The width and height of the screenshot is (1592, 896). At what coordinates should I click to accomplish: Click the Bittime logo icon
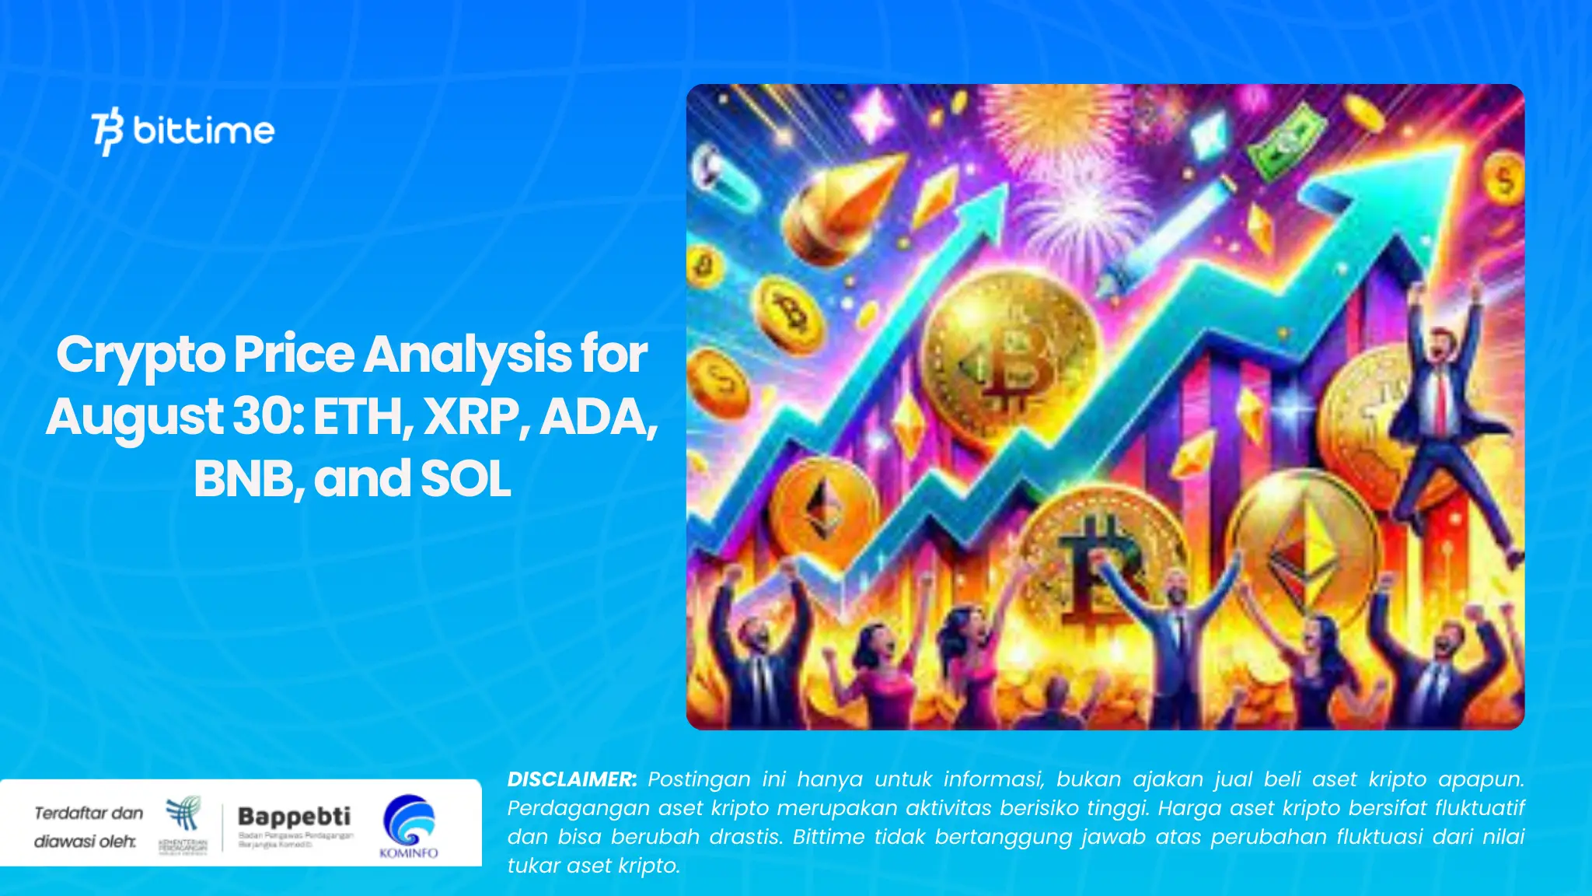pos(107,131)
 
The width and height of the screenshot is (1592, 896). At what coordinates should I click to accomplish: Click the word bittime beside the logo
pos(204,131)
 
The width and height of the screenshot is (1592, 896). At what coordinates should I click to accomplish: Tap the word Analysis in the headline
pos(467,355)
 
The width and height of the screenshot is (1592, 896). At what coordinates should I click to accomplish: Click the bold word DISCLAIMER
pos(571,779)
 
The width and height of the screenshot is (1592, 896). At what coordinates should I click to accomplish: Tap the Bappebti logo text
pos(294,817)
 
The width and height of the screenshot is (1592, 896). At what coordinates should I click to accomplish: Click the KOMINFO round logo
pos(409,821)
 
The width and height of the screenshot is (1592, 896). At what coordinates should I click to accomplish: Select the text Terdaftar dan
pos(89,814)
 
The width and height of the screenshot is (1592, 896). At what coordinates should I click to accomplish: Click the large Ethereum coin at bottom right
pos(1306,548)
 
